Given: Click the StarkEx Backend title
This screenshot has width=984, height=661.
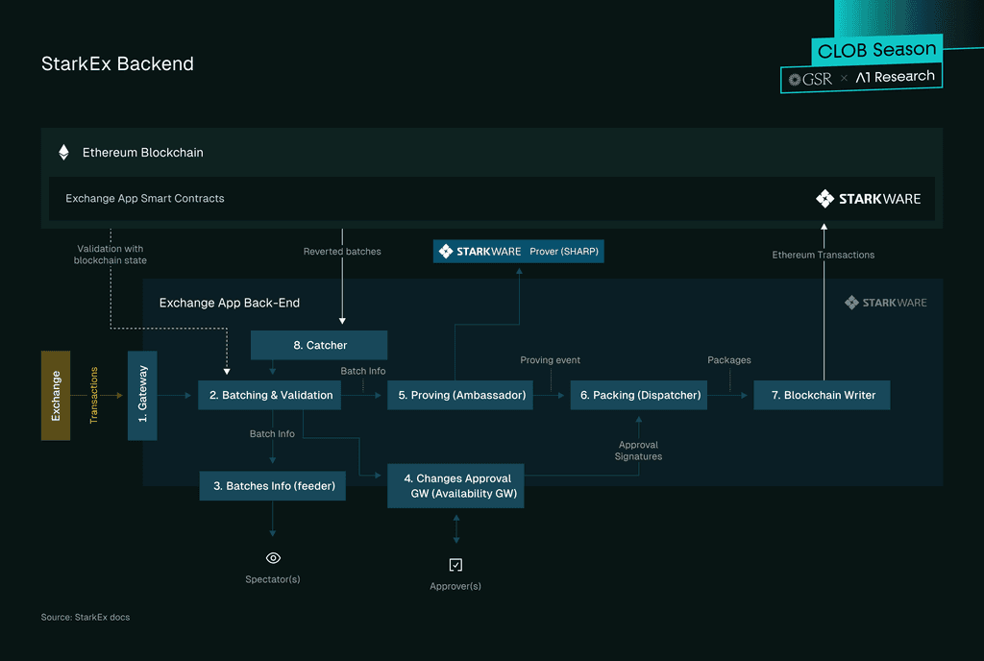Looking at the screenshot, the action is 117,64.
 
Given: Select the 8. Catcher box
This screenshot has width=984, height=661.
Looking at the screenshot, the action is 319,345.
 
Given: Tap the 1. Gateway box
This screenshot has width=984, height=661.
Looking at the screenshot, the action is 142,396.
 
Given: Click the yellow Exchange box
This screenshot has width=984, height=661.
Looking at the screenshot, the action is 56,396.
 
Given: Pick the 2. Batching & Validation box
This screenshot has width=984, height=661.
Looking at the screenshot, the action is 270,395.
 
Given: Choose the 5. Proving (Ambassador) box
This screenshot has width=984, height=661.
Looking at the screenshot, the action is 460,395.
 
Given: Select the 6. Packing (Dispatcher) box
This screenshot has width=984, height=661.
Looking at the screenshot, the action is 639,395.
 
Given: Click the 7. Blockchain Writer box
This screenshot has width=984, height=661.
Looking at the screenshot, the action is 823,395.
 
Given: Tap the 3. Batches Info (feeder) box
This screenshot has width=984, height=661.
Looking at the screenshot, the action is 272,486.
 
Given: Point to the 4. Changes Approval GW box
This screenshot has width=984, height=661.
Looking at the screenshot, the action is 455,486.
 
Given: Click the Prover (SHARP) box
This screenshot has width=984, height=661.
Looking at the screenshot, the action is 518,252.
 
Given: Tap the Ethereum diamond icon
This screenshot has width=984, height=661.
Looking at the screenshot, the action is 63,153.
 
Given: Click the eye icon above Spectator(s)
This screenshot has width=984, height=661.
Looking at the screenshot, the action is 273,558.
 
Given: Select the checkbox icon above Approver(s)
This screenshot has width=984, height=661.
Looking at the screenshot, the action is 455,565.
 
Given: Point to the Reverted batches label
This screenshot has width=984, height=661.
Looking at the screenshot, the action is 342,252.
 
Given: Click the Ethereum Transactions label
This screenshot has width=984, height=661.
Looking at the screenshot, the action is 824,255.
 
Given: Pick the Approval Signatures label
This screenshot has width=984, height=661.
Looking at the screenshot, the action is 638,451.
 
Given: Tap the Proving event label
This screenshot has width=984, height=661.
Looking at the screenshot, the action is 550,360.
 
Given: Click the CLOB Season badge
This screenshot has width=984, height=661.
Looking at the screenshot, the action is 876,50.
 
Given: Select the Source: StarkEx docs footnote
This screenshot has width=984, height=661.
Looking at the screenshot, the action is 86,617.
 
